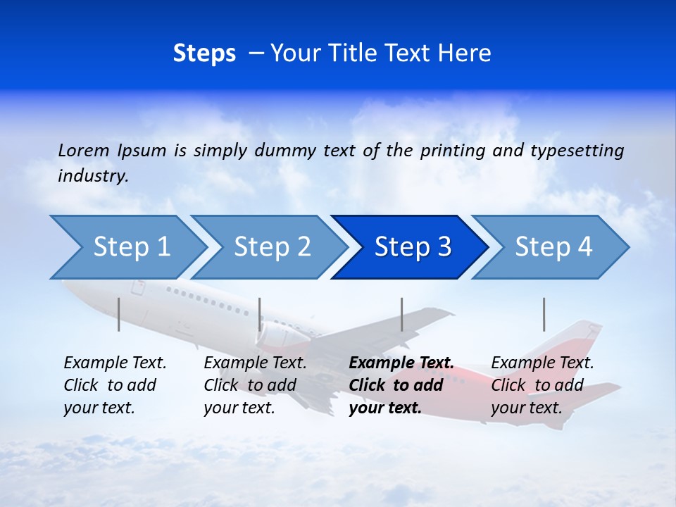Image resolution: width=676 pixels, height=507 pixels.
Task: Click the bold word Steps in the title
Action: (x=204, y=54)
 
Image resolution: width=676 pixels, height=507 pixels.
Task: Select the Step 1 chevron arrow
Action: (x=127, y=247)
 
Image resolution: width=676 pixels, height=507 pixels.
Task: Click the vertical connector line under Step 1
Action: (x=119, y=314)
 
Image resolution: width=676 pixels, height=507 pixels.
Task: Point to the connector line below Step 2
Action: (x=260, y=314)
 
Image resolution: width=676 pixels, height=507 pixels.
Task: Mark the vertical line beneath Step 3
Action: (x=401, y=314)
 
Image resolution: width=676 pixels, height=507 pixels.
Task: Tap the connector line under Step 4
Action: (x=544, y=314)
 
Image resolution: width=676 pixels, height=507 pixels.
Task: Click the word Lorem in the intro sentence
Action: (x=84, y=151)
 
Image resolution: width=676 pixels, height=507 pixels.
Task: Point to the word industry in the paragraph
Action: (x=93, y=176)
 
